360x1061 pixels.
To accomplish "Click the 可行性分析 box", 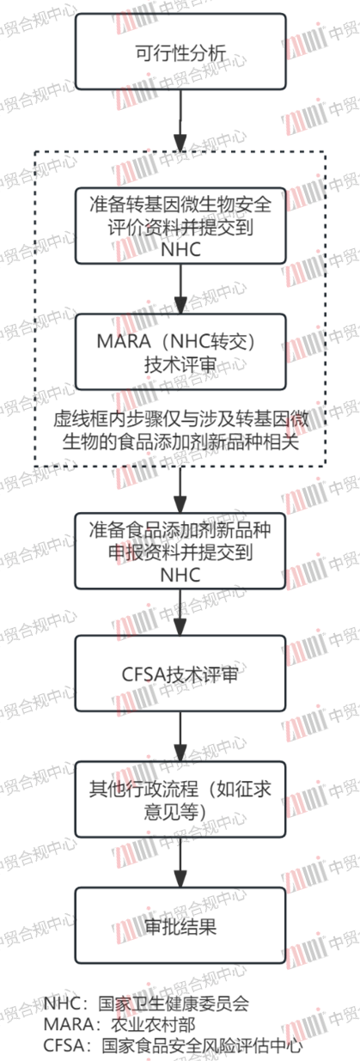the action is [x=180, y=52].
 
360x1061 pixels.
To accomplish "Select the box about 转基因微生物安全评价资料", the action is [x=180, y=226].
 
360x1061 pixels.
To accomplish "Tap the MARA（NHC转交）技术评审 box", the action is [x=180, y=352].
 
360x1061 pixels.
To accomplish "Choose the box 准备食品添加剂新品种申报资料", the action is [x=180, y=551].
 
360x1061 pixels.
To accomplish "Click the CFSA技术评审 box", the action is [x=180, y=673].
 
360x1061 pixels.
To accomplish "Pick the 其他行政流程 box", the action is [x=180, y=800].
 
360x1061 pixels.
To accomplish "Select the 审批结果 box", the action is [x=180, y=925].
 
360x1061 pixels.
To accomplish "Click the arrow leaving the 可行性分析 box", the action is [x=180, y=120].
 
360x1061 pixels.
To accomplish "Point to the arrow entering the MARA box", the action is [x=180, y=289].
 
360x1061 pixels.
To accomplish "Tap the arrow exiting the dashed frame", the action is [x=180, y=490].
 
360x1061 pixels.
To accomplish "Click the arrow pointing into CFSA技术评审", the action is [x=180, y=612].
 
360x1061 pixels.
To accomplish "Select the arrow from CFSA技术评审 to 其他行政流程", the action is [x=180, y=736].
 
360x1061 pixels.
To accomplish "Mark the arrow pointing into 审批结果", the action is [x=180, y=863].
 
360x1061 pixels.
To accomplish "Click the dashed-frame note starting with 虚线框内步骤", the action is [x=180, y=430].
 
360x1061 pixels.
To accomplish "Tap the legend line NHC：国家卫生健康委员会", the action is [x=146, y=1003].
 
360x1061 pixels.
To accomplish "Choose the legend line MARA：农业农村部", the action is [x=119, y=1024].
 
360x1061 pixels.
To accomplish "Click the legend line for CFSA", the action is [x=173, y=1045].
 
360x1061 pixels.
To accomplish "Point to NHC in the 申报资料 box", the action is [x=180, y=575].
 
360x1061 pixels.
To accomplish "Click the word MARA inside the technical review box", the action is [x=124, y=340].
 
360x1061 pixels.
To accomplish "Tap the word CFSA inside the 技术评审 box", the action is [x=143, y=674].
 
